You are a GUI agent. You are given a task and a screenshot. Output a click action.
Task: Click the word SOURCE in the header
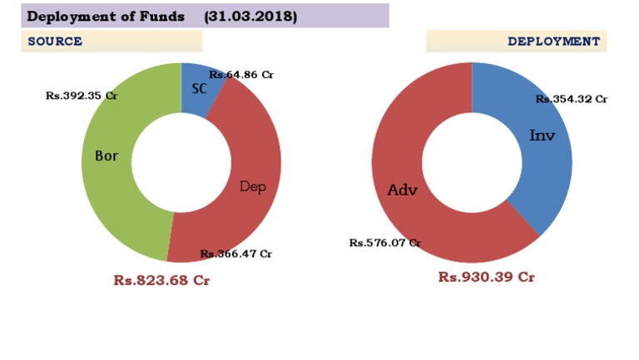[x=55, y=42]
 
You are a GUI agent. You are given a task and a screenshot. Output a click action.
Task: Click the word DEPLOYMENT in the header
[x=553, y=41]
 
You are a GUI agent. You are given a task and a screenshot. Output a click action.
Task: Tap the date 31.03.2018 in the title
[x=250, y=16]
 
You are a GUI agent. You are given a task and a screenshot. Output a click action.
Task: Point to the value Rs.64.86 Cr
[x=241, y=74]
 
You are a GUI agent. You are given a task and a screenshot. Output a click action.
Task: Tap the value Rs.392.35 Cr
[x=82, y=96]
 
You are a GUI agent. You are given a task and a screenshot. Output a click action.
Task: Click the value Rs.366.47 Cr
[x=235, y=254]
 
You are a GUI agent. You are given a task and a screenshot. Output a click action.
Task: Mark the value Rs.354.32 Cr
[x=571, y=99]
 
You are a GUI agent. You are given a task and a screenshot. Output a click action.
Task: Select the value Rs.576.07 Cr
[x=384, y=243]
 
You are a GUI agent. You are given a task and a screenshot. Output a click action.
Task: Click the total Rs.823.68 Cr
[x=161, y=280]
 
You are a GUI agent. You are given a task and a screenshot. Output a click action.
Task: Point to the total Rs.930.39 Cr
[x=486, y=277]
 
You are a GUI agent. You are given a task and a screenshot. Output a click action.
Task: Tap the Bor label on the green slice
[x=106, y=155]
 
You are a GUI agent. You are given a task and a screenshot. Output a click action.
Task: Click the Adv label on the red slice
[x=402, y=190]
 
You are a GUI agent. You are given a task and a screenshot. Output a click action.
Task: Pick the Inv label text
[x=542, y=135]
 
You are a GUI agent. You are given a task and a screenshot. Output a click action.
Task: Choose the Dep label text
[x=252, y=186]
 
